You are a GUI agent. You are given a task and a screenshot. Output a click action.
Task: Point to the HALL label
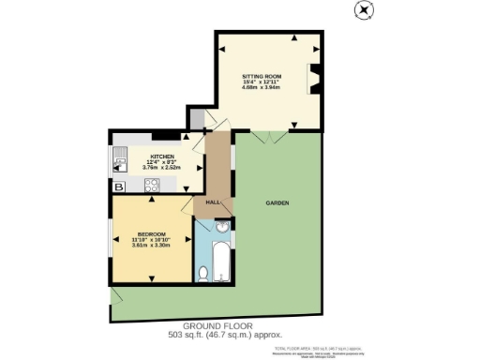pyautogui.click(x=213, y=202)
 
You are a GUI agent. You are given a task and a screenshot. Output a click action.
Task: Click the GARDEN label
pyautogui.click(x=277, y=203)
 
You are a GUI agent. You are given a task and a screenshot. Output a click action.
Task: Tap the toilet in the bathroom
pyautogui.click(x=203, y=273)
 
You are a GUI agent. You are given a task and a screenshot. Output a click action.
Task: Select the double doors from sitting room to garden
pyautogui.click(x=270, y=137)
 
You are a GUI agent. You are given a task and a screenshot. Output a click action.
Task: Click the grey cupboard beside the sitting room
pyautogui.click(x=196, y=119)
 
